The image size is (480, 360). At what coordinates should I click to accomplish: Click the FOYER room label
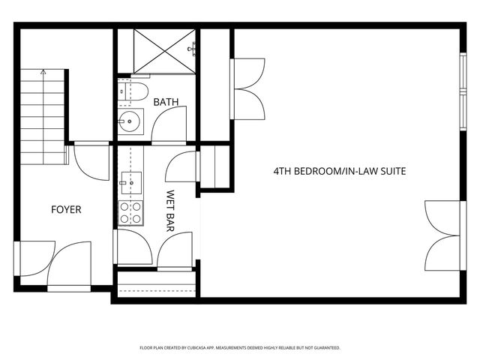pyautogui.click(x=66, y=210)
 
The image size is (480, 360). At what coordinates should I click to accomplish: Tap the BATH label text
pyautogui.click(x=166, y=102)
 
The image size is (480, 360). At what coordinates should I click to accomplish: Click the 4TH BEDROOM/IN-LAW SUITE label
pyautogui.click(x=339, y=172)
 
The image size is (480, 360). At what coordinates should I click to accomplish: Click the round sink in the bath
pyautogui.click(x=130, y=119)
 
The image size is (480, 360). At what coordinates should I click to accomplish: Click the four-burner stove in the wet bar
pyautogui.click(x=130, y=212)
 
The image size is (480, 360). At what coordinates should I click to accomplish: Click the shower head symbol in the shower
pyautogui.click(x=193, y=48)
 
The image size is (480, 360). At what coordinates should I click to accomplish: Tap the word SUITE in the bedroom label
pyautogui.click(x=391, y=172)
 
